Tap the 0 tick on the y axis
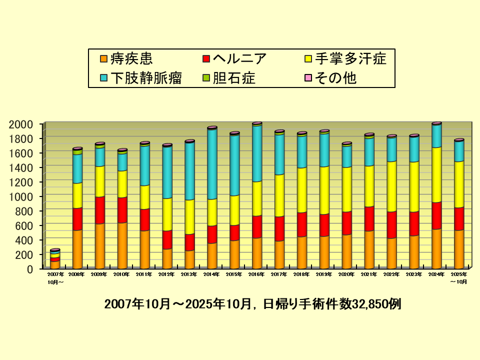pos(30,269)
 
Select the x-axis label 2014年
pos(212,274)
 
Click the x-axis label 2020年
pos(346,274)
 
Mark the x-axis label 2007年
pos(55,274)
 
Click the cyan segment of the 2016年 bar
pos(257,153)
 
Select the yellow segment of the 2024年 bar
pos(436,174)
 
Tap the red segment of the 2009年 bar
pos(100,210)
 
